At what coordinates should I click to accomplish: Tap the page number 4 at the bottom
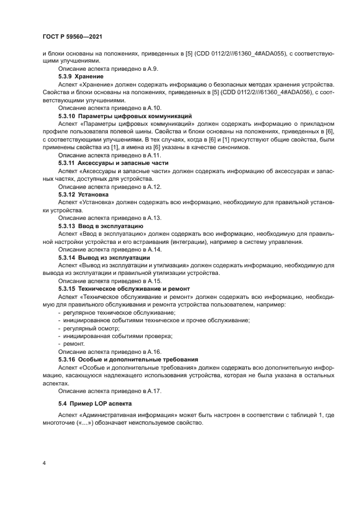click(44, 463)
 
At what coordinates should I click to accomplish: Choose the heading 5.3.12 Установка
click(83, 194)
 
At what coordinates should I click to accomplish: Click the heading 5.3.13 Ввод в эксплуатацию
click(100, 225)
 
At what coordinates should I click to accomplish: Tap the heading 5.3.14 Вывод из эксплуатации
click(103, 257)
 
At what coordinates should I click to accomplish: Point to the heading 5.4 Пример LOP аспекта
click(94, 403)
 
